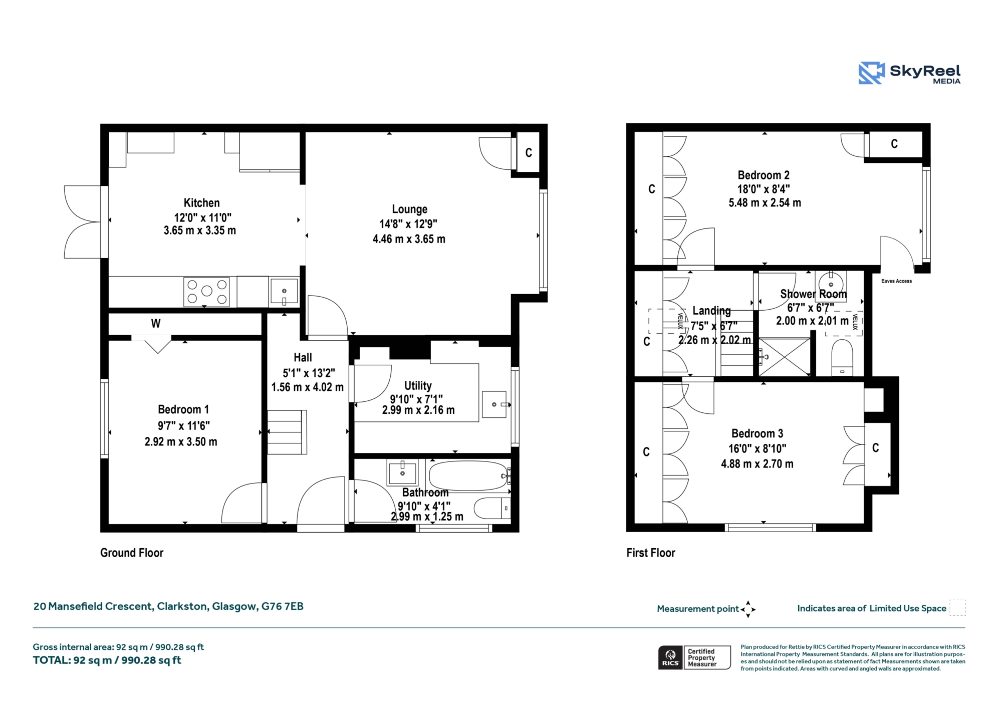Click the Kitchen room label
(x=201, y=203)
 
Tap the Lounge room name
(x=410, y=209)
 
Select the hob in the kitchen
(x=206, y=292)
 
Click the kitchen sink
(x=284, y=291)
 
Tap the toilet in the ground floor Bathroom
(x=492, y=508)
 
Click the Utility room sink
(x=494, y=404)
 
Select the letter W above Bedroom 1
(x=156, y=324)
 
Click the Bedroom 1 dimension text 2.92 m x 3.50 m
(x=181, y=442)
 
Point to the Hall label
(x=303, y=357)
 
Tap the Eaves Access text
(x=896, y=281)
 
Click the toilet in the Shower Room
(x=842, y=358)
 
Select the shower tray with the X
(x=784, y=357)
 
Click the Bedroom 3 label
(x=757, y=433)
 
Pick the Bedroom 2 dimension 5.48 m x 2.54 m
(x=765, y=203)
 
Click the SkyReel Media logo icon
(x=871, y=73)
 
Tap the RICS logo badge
(x=670, y=657)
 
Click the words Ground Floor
(x=132, y=553)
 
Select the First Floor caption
(x=651, y=553)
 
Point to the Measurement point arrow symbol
(x=748, y=609)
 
